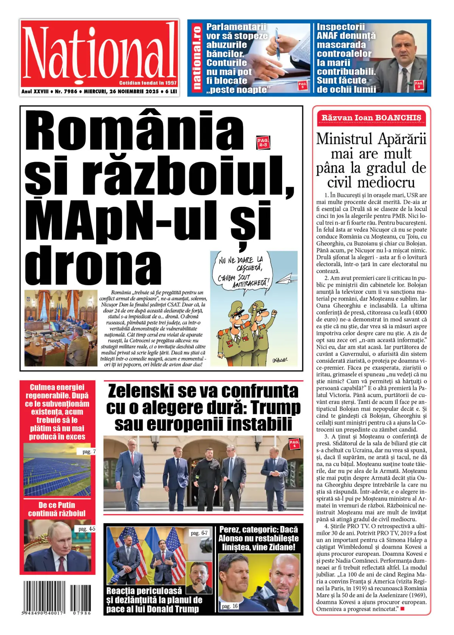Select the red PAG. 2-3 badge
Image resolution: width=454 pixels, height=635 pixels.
pyautogui.click(x=263, y=142)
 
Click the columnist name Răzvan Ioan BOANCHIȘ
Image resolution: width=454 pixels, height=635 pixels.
pyautogui.click(x=371, y=118)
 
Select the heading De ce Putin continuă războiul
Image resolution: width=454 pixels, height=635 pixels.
pyautogui.click(x=57, y=509)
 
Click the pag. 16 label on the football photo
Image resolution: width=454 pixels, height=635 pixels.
pyautogui.click(x=230, y=606)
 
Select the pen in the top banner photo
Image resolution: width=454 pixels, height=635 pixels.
pyautogui.click(x=278, y=42)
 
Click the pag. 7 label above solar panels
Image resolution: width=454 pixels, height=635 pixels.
pyautogui.click(x=89, y=451)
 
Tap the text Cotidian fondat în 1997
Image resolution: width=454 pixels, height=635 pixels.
pyautogui.click(x=148, y=83)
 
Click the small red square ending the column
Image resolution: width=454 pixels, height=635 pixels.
pyautogui.click(x=402, y=609)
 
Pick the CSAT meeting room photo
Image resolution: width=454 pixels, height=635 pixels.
pyautogui.click(x=61, y=328)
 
